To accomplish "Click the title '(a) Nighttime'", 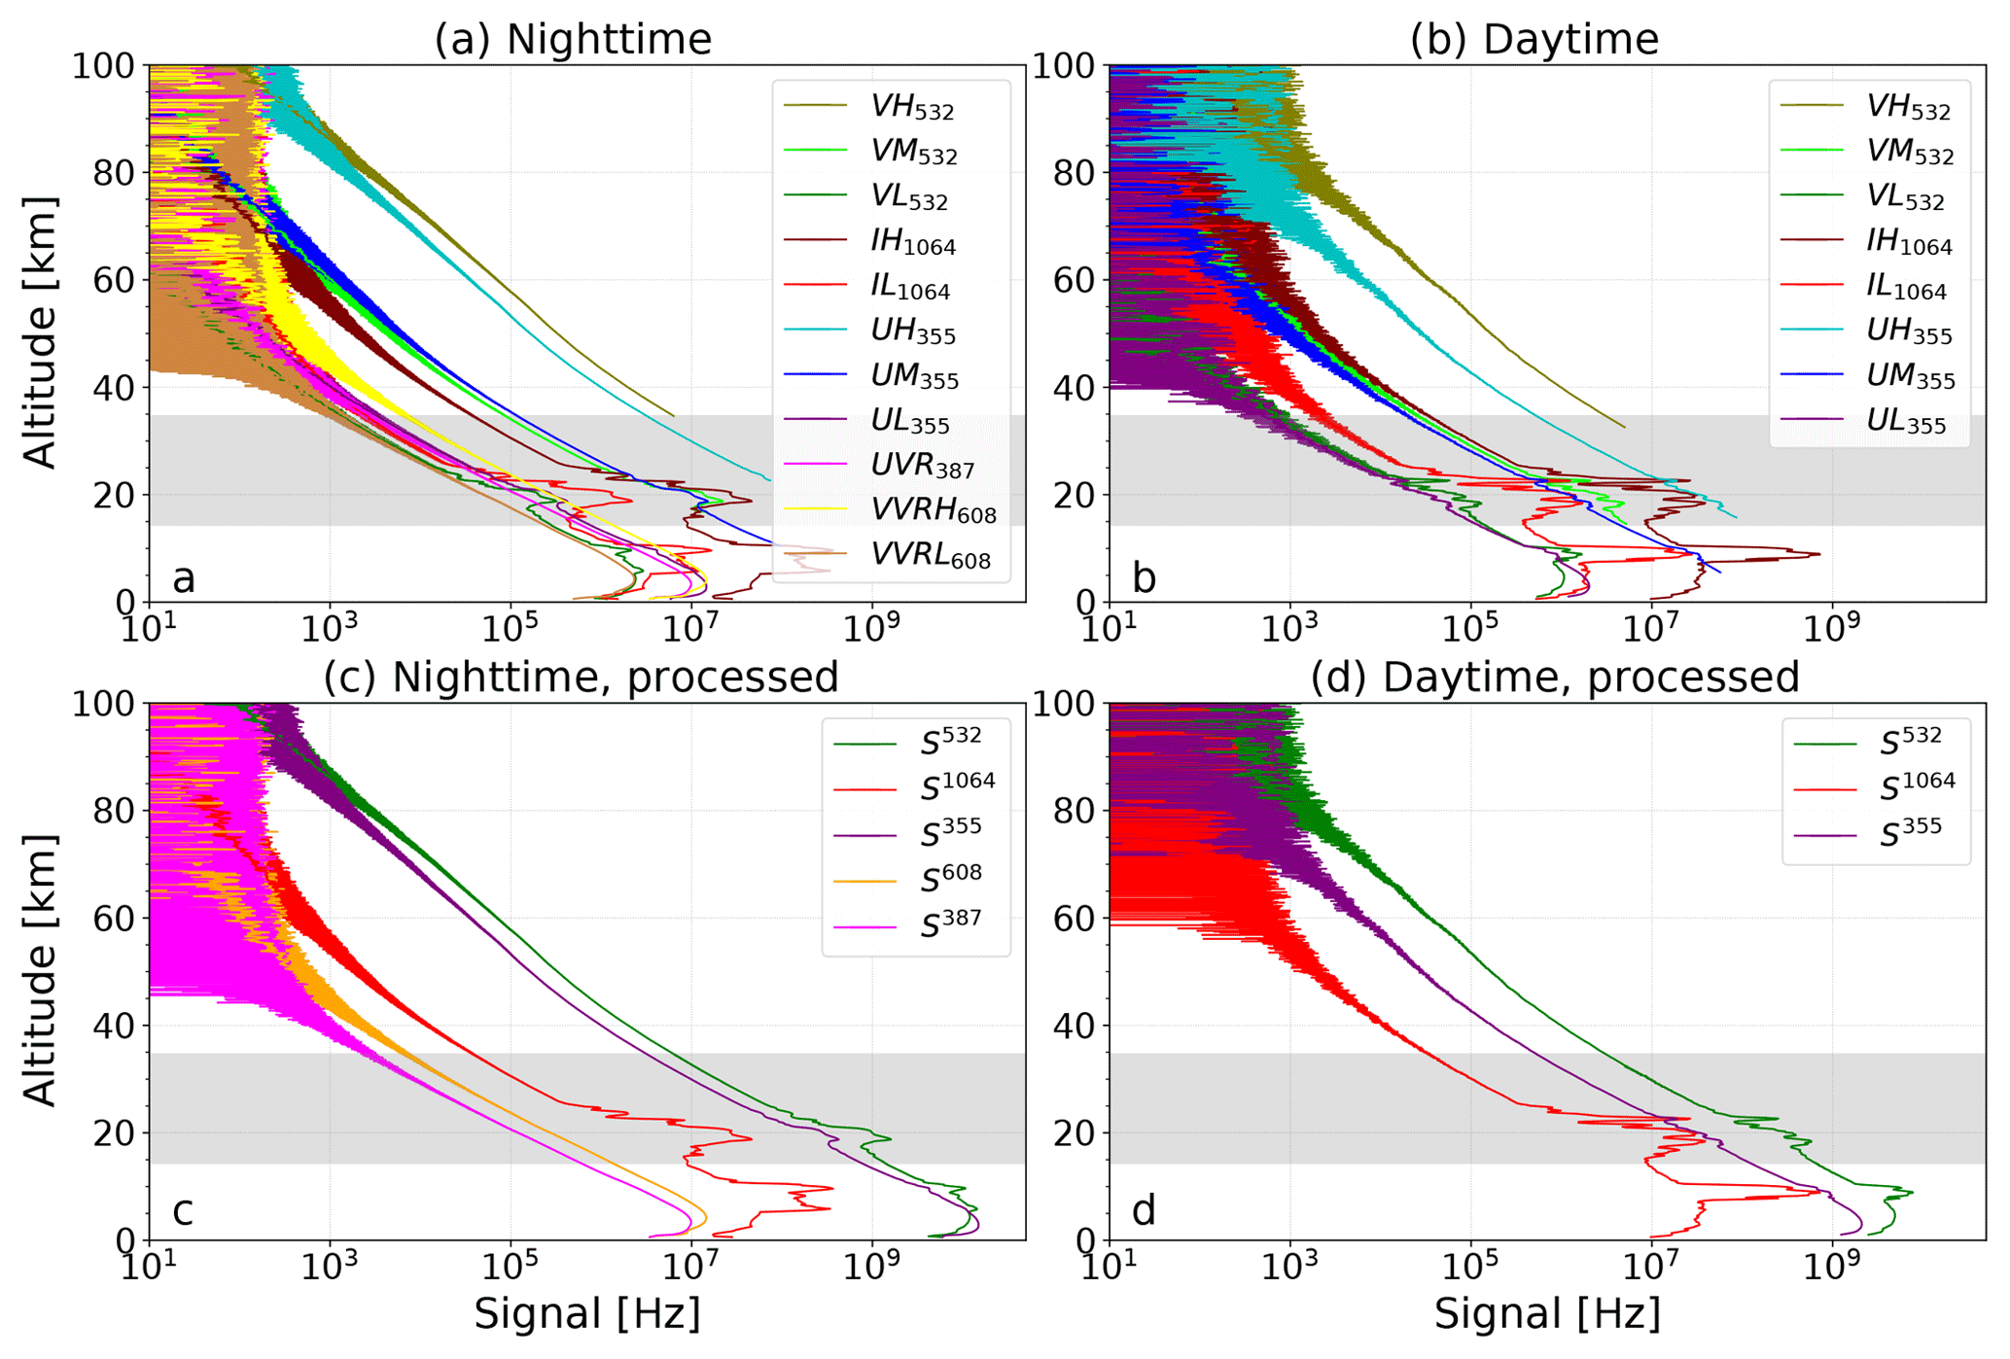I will click(573, 40).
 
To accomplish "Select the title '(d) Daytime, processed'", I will click(1554, 677).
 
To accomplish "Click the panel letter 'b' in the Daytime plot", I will click(1144, 578).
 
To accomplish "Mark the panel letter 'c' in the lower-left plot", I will click(182, 1211).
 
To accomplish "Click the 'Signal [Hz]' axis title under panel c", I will click(586, 1314).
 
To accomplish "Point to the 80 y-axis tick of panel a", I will click(115, 173).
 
